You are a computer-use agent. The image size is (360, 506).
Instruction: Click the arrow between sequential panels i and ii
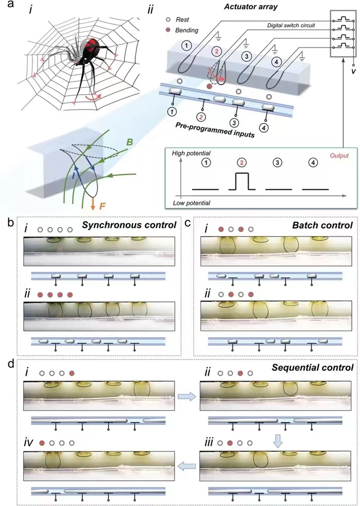point(186,395)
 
